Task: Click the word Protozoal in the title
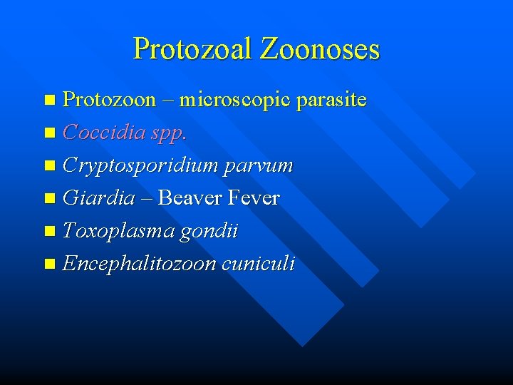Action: [x=193, y=49]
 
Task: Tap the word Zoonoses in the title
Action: [x=320, y=49]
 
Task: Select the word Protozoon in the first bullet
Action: [x=109, y=100]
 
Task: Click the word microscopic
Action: [x=234, y=100]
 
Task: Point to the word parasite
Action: [x=331, y=100]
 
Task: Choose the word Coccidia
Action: [x=97, y=133]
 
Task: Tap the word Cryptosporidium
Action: [x=140, y=165]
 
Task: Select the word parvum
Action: [x=259, y=165]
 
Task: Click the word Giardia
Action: [x=98, y=198]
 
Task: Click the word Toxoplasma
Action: [x=117, y=231]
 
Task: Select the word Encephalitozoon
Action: [x=139, y=264]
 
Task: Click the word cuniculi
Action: [x=258, y=264]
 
